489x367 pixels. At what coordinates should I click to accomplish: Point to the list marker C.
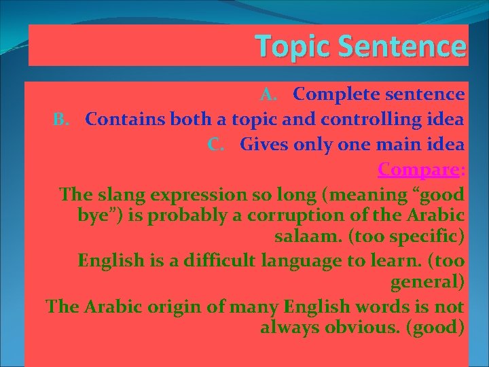coord(217,144)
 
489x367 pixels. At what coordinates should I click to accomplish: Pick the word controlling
coord(382,120)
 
